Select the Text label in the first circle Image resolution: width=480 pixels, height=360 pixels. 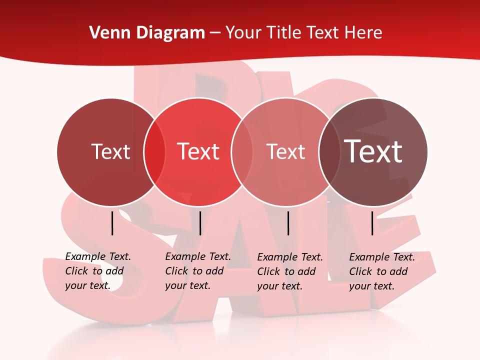[x=110, y=151]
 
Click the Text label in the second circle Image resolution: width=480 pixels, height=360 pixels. [x=198, y=151]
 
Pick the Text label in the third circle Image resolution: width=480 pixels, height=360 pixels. [x=285, y=151]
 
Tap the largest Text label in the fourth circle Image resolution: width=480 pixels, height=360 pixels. [x=373, y=151]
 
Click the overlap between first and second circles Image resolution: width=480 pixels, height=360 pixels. [x=154, y=152]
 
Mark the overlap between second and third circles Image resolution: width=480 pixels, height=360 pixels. [x=242, y=152]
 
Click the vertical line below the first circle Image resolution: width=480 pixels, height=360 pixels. [x=112, y=223]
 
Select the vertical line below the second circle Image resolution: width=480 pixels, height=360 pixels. [x=200, y=223]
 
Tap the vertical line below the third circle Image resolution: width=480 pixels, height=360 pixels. [x=288, y=223]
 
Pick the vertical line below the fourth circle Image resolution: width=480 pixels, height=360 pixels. [x=372, y=223]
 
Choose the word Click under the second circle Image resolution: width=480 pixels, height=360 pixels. [x=176, y=271]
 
